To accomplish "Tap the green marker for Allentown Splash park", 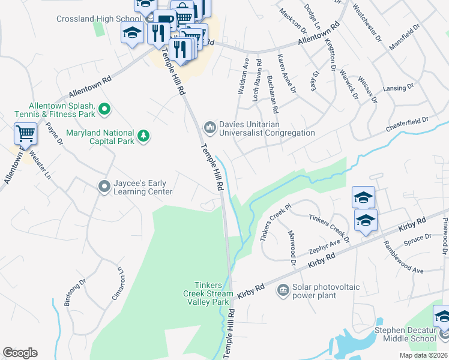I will [x=104, y=109].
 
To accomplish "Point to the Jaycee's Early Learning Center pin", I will [x=104, y=187].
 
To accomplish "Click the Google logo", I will [x=20, y=353].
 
